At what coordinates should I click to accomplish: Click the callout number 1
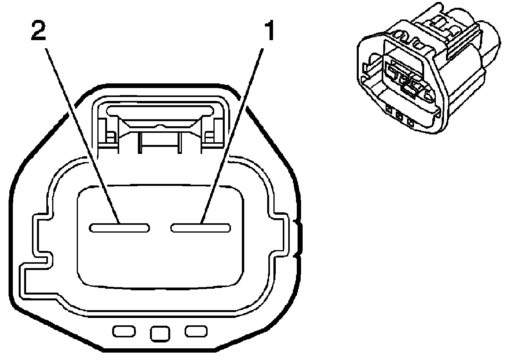(270, 30)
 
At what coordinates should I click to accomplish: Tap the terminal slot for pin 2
(119, 228)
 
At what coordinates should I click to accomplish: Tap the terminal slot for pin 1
(201, 228)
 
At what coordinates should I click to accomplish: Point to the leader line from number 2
(82, 136)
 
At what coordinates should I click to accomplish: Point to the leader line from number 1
(232, 136)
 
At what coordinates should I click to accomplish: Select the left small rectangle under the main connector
(124, 331)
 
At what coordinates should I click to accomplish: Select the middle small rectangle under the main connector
(160, 334)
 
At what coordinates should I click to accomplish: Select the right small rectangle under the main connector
(196, 331)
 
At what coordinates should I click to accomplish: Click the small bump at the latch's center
(160, 126)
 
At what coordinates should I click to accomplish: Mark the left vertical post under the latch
(140, 143)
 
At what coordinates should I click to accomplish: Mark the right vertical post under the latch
(180, 143)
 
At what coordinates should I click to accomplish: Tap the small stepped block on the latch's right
(209, 137)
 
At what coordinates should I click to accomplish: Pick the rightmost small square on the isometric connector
(411, 123)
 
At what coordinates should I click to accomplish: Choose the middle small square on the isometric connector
(399, 116)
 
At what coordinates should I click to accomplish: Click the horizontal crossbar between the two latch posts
(160, 145)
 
